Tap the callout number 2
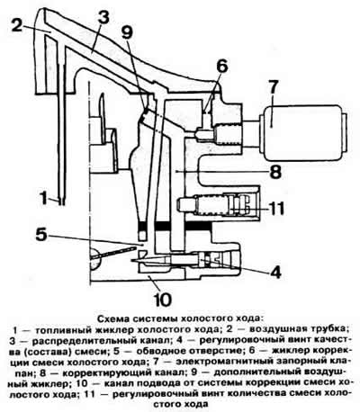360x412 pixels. (17, 24)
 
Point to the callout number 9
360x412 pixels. (127, 31)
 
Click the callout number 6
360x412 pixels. (222, 67)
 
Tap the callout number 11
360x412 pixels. (275, 208)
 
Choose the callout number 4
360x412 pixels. (275, 272)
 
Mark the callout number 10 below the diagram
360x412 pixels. (162, 299)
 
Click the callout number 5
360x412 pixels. (41, 235)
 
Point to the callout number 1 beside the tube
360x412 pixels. (44, 198)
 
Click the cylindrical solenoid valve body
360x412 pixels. (303, 133)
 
